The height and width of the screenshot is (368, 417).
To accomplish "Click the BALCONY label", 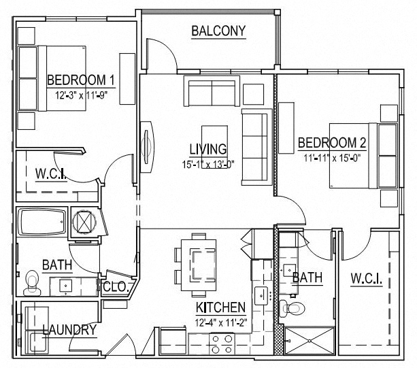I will click(218, 31).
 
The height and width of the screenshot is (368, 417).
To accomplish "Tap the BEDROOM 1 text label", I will click(80, 81).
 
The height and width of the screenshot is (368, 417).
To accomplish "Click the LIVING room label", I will click(208, 149).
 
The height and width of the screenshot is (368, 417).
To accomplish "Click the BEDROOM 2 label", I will click(332, 143).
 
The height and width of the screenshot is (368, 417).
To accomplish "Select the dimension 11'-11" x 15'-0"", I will click(332, 157).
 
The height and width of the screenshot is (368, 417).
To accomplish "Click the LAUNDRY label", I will click(69, 331).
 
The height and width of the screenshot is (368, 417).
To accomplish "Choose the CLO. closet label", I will click(116, 288).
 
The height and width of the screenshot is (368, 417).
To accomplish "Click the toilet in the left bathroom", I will click(32, 280).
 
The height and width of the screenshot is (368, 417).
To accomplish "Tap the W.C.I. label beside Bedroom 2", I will click(365, 279).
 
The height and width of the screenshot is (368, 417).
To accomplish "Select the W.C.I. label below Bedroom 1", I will click(50, 173).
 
